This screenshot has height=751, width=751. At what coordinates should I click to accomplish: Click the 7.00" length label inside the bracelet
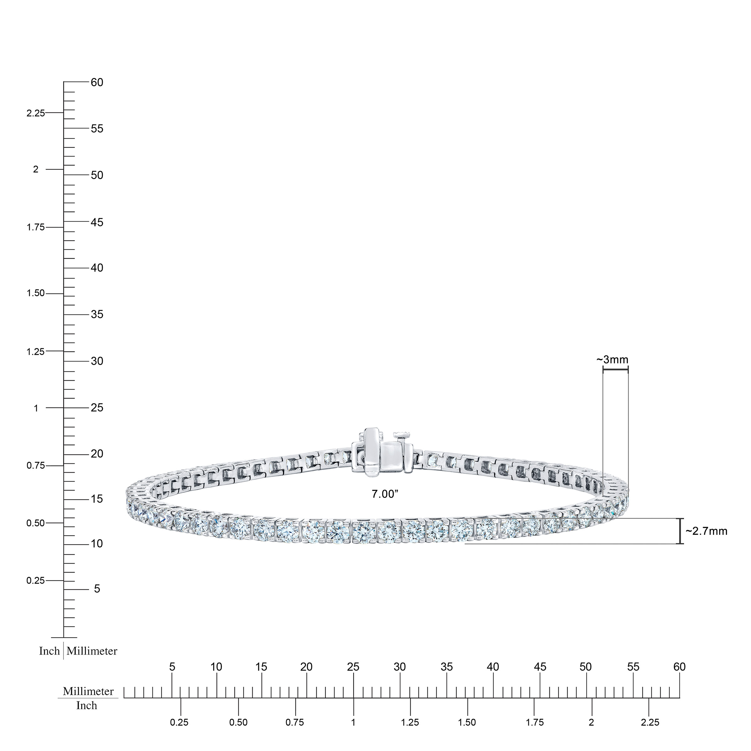tap(385, 494)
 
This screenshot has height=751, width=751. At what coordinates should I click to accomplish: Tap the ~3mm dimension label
tap(613, 360)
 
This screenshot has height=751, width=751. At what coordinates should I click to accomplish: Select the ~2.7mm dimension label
tap(706, 531)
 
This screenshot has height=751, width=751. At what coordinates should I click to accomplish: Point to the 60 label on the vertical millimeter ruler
tap(97, 82)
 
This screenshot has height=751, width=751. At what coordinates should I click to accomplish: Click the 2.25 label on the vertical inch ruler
tap(35, 113)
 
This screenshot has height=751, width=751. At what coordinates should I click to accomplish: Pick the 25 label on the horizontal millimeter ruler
tap(353, 667)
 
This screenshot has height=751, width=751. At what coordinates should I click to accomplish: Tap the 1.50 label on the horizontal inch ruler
tap(467, 722)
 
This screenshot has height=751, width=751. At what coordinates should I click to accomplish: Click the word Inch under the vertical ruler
tap(49, 651)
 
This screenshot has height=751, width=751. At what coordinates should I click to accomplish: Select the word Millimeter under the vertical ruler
tap(92, 651)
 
